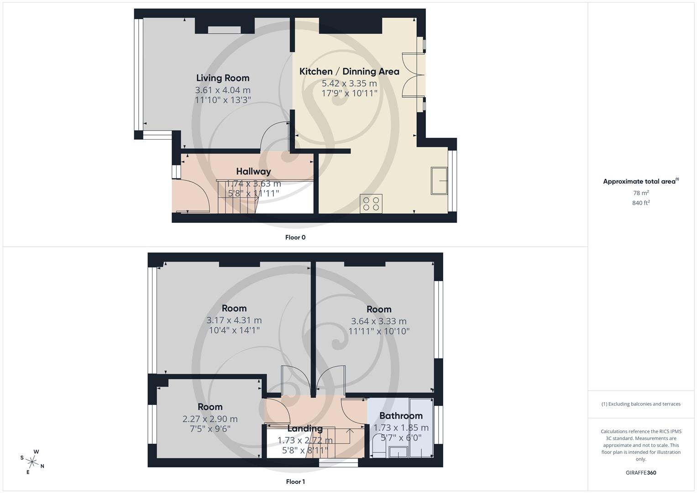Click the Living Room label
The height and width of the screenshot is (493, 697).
pyautogui.click(x=223, y=78)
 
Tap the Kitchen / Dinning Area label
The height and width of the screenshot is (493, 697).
pyautogui.click(x=349, y=72)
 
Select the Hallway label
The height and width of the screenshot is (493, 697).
pyautogui.click(x=253, y=172)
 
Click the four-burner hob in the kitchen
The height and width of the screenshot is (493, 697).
pyautogui.click(x=371, y=203)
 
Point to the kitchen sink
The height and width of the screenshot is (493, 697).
pyautogui.click(x=439, y=181)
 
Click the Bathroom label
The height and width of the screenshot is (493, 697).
pyautogui.click(x=401, y=416)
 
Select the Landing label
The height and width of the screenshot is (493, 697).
pyautogui.click(x=305, y=429)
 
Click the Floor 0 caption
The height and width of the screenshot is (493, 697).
pyautogui.click(x=295, y=237)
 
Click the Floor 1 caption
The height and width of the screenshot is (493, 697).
pyautogui.click(x=295, y=482)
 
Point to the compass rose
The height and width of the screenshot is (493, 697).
pyautogui.click(x=32, y=462)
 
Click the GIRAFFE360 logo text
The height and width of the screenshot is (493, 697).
pyautogui.click(x=641, y=473)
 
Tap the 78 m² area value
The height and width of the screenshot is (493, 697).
pyautogui.click(x=641, y=193)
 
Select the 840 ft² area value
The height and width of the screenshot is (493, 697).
pyautogui.click(x=641, y=203)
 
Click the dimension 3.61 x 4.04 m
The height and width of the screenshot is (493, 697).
pyautogui.click(x=223, y=90)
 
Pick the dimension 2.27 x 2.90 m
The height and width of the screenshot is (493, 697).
pyautogui.click(x=210, y=419)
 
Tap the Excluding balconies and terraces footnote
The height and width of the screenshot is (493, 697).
pyautogui.click(x=641, y=404)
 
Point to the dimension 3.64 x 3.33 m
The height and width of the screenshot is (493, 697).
pyautogui.click(x=379, y=321)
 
